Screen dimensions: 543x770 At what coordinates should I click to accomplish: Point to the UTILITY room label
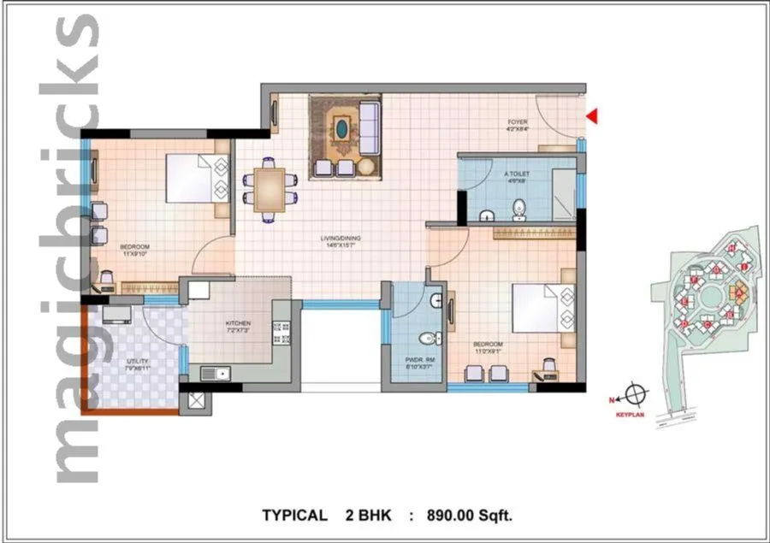[138, 365]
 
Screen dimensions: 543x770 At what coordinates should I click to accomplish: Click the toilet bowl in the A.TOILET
[518, 209]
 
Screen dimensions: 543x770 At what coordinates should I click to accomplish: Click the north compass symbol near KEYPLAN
[634, 396]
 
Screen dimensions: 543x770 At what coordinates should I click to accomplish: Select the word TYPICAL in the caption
[294, 515]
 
